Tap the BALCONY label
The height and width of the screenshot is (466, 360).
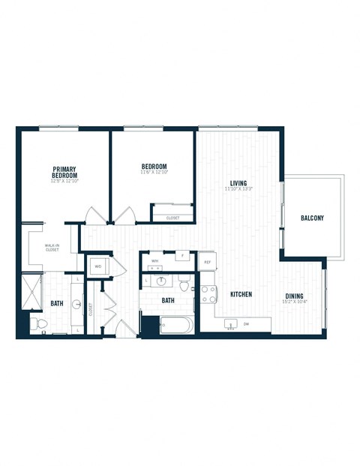312,218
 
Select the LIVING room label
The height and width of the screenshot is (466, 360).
238,182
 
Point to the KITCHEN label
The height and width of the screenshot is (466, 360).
240,294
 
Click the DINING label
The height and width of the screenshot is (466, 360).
294,295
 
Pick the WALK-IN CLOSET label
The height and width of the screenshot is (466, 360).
52,248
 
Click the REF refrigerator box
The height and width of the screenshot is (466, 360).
208,263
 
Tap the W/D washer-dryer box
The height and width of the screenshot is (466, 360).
98,266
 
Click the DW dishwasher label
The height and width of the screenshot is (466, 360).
245,324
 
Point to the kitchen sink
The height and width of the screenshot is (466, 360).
231,324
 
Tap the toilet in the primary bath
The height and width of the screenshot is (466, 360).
40,324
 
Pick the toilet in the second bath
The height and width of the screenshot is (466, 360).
184,284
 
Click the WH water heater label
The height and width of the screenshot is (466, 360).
154,261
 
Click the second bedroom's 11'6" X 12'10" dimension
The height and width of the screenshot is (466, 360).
154,173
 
